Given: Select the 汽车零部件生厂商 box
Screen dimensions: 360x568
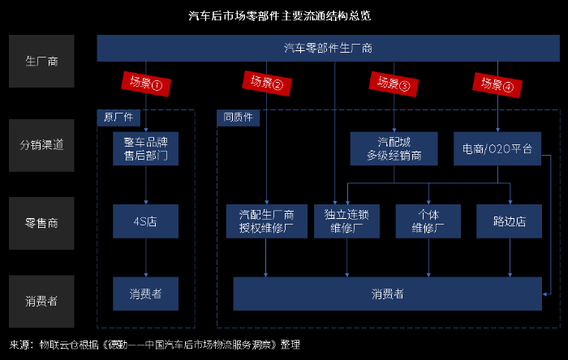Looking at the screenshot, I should (328, 48).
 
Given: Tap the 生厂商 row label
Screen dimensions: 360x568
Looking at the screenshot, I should (41, 61).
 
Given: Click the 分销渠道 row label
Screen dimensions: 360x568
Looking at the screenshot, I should (41, 145).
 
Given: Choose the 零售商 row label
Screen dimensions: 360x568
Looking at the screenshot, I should (41, 221).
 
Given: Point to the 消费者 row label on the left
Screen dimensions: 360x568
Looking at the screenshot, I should (41, 298).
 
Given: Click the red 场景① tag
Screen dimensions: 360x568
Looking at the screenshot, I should (146, 82).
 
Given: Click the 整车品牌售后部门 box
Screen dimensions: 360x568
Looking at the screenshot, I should (146, 148).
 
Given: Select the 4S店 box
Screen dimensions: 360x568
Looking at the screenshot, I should (146, 221).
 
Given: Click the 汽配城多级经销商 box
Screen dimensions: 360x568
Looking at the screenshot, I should (394, 148).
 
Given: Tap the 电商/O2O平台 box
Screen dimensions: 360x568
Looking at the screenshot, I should (497, 149).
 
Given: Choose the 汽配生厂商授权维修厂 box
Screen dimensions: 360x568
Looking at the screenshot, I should (266, 221).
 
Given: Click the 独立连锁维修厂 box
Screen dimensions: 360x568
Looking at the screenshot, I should (346, 221).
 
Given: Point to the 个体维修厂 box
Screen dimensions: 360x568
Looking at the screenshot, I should (428, 221).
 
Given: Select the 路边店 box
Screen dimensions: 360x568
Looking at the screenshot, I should (510, 221).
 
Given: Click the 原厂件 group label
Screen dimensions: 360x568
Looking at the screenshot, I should (118, 117).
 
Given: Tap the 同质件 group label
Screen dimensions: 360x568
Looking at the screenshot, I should (238, 117).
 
